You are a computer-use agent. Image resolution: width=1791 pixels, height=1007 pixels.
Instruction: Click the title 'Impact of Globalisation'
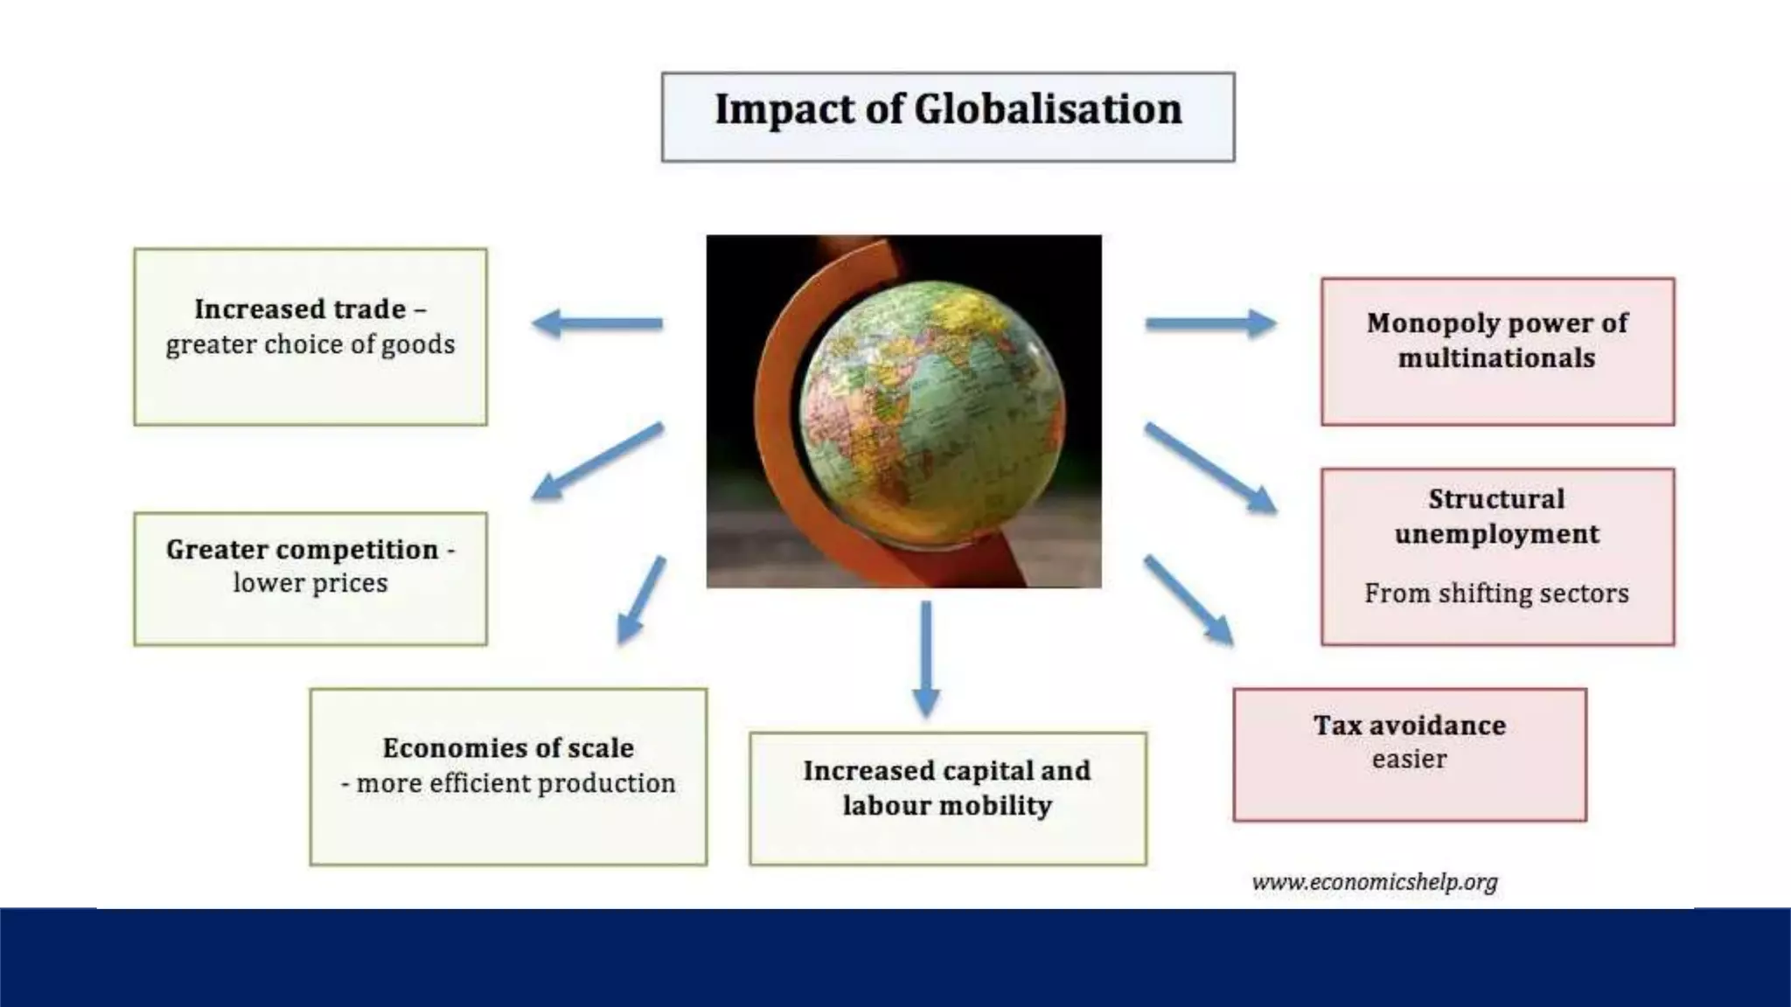948,110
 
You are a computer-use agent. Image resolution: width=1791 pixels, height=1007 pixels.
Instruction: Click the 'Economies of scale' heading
508,748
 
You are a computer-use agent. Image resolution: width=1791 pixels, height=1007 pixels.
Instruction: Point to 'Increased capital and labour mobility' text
947,788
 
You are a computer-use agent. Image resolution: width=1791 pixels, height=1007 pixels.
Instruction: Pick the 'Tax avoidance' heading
1409,726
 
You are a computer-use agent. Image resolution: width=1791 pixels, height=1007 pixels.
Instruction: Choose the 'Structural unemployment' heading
1497,517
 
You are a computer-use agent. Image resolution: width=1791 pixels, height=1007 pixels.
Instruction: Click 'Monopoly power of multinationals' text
1497,340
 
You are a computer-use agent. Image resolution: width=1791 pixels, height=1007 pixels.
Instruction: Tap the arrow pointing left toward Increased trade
597,323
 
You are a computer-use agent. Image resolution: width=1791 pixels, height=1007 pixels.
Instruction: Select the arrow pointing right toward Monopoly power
1210,323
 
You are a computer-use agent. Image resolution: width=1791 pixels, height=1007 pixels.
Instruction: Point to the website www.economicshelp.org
1375,882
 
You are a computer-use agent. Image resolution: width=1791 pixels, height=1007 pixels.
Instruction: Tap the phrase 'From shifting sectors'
1496,594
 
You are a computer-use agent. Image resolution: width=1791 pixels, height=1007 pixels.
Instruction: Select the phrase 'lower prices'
310,583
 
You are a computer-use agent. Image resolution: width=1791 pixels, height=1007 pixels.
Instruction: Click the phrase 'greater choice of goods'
310,344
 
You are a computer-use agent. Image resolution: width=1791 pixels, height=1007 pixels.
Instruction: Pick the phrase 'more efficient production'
516,783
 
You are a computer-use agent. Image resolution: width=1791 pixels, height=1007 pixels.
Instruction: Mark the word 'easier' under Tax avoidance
1409,759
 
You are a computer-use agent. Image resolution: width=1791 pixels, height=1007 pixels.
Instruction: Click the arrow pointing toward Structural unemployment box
1210,468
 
